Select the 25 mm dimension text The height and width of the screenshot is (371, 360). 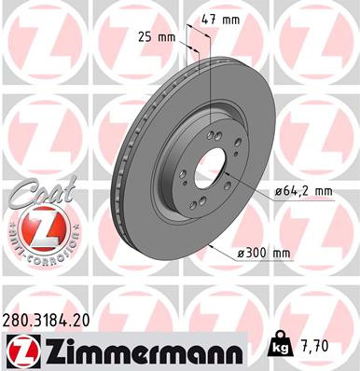click(x=164, y=37)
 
